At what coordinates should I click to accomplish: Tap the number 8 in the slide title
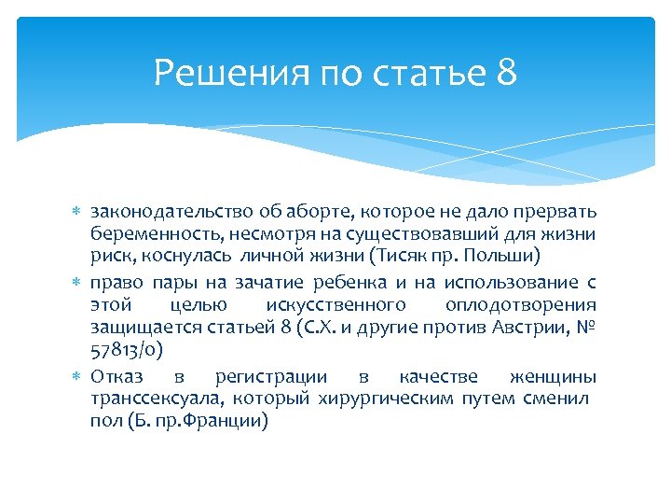pos(506,72)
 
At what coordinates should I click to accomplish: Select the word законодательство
pos(159,211)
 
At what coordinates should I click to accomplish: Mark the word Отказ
pos(118,377)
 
